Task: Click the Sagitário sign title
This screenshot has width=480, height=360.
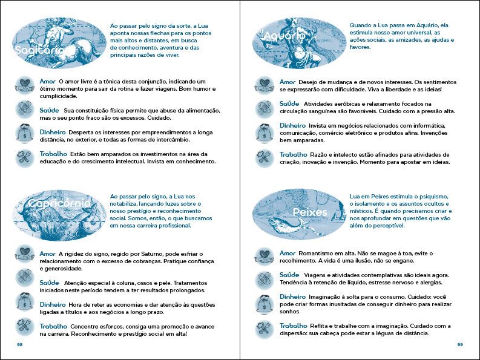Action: tap(39, 50)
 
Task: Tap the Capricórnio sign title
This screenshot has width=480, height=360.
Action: tap(59, 204)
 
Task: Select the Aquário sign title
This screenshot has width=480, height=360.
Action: tap(284, 36)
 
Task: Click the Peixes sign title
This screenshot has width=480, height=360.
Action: tap(310, 212)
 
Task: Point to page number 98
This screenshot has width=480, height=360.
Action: tap(19, 344)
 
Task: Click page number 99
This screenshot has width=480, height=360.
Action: tap(460, 344)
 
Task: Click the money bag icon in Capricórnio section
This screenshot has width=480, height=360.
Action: tap(24, 302)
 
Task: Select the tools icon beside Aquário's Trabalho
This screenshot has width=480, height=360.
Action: tap(265, 159)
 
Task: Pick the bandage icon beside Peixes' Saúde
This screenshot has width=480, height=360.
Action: tap(265, 278)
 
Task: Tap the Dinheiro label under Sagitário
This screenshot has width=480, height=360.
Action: tap(53, 133)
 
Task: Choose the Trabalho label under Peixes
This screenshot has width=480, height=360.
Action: tap(293, 326)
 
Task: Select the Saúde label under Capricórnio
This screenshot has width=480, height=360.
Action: tap(49, 283)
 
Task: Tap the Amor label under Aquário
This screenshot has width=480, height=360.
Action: tap(288, 82)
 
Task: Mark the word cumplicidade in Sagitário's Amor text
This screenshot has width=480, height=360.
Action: tap(58, 96)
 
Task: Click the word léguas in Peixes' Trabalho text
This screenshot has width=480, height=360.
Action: tap(378, 333)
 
